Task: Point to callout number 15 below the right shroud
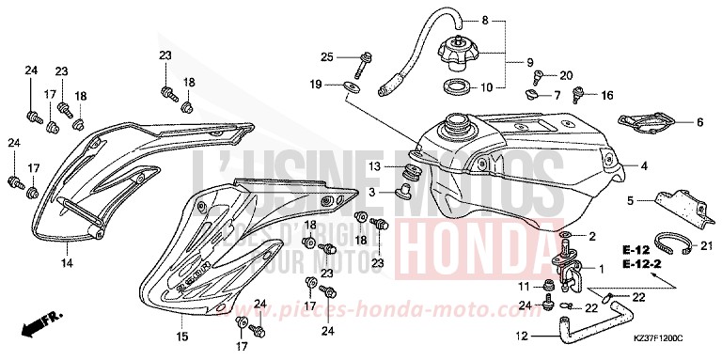tap(181, 336)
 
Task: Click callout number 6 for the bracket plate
tap(698, 121)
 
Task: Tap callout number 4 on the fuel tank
tap(619, 166)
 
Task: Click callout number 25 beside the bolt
tap(326, 57)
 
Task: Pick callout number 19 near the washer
tap(318, 86)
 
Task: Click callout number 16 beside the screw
tap(606, 95)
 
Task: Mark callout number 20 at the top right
tap(567, 75)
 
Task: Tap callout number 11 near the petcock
tap(524, 285)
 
